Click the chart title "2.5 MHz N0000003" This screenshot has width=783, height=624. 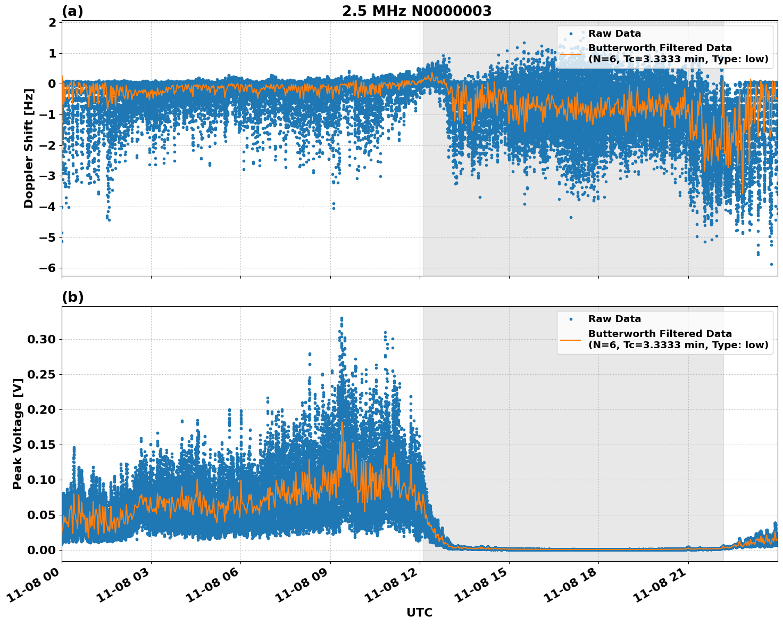tap(417, 11)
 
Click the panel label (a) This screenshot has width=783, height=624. tap(72, 11)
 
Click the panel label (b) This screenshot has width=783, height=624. tap(72, 297)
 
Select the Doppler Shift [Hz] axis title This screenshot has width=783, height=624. tap(29, 148)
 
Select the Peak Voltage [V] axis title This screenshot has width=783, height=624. tap(18, 445)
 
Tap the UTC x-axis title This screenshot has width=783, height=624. tap(419, 612)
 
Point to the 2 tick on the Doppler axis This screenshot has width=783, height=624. tap(52, 22)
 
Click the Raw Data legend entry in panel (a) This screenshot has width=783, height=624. tap(614, 34)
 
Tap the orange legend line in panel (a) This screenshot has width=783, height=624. tap(570, 54)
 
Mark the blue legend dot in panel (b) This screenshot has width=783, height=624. tap(570, 319)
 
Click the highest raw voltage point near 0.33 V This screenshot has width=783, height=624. tap(341, 318)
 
